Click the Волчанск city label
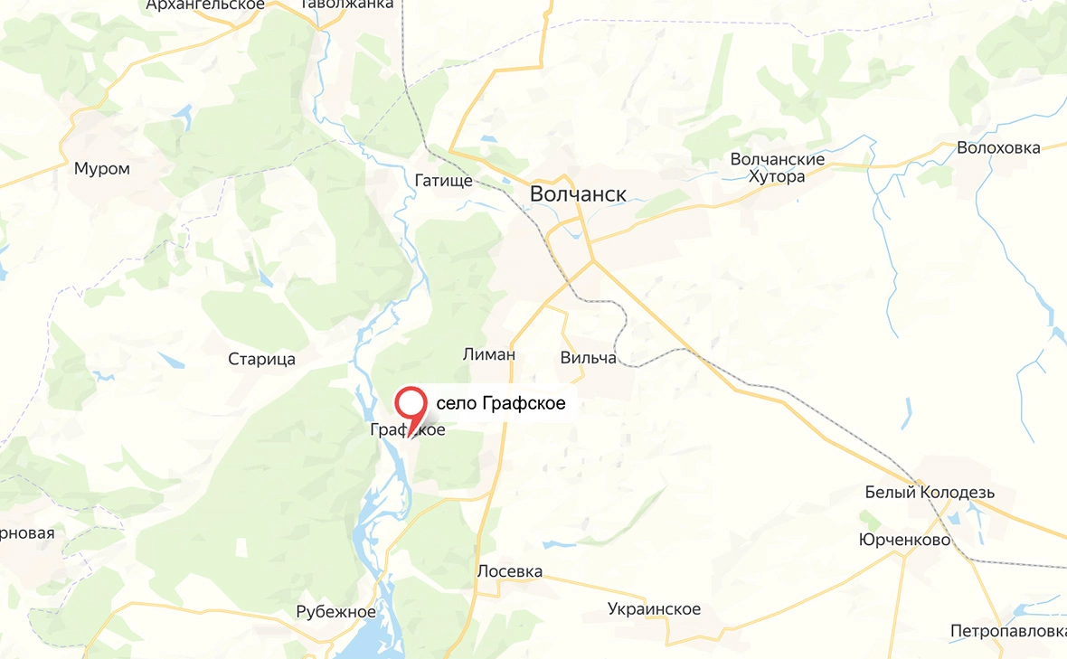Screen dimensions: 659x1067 (577, 193)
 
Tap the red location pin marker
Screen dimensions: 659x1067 (412, 403)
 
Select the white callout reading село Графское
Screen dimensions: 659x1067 (501, 403)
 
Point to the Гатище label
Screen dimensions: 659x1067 (443, 181)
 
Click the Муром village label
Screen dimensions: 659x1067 (102, 168)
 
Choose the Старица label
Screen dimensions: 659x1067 (261, 360)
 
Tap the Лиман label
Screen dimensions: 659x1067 (488, 354)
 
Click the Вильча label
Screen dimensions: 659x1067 (588, 358)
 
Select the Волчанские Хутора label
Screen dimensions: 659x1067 (778, 168)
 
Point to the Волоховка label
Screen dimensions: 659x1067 (999, 148)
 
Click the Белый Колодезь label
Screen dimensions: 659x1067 (930, 493)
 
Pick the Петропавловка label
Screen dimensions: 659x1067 (1007, 630)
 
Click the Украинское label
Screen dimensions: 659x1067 (655, 608)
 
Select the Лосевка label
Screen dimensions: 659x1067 (510, 571)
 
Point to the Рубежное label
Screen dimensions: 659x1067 (335, 612)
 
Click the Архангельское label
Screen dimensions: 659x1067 (205, 5)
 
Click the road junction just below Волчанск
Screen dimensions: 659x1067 (593, 262)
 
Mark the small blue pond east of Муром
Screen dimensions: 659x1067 (184, 115)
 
